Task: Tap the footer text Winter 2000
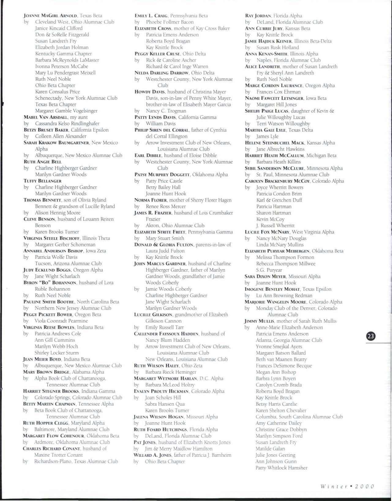(x=347, y=487)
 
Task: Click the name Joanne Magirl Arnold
(x=50, y=16)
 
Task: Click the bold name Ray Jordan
(x=258, y=16)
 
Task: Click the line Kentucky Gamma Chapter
(x=63, y=54)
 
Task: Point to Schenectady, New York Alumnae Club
(x=76, y=98)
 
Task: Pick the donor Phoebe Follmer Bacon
(x=170, y=22)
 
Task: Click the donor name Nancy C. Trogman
(x=166, y=111)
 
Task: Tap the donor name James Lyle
(x=267, y=136)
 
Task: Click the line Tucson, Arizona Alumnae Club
(x=68, y=263)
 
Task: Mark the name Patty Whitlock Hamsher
(x=282, y=468)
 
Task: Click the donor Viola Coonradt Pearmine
(x=61, y=321)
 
